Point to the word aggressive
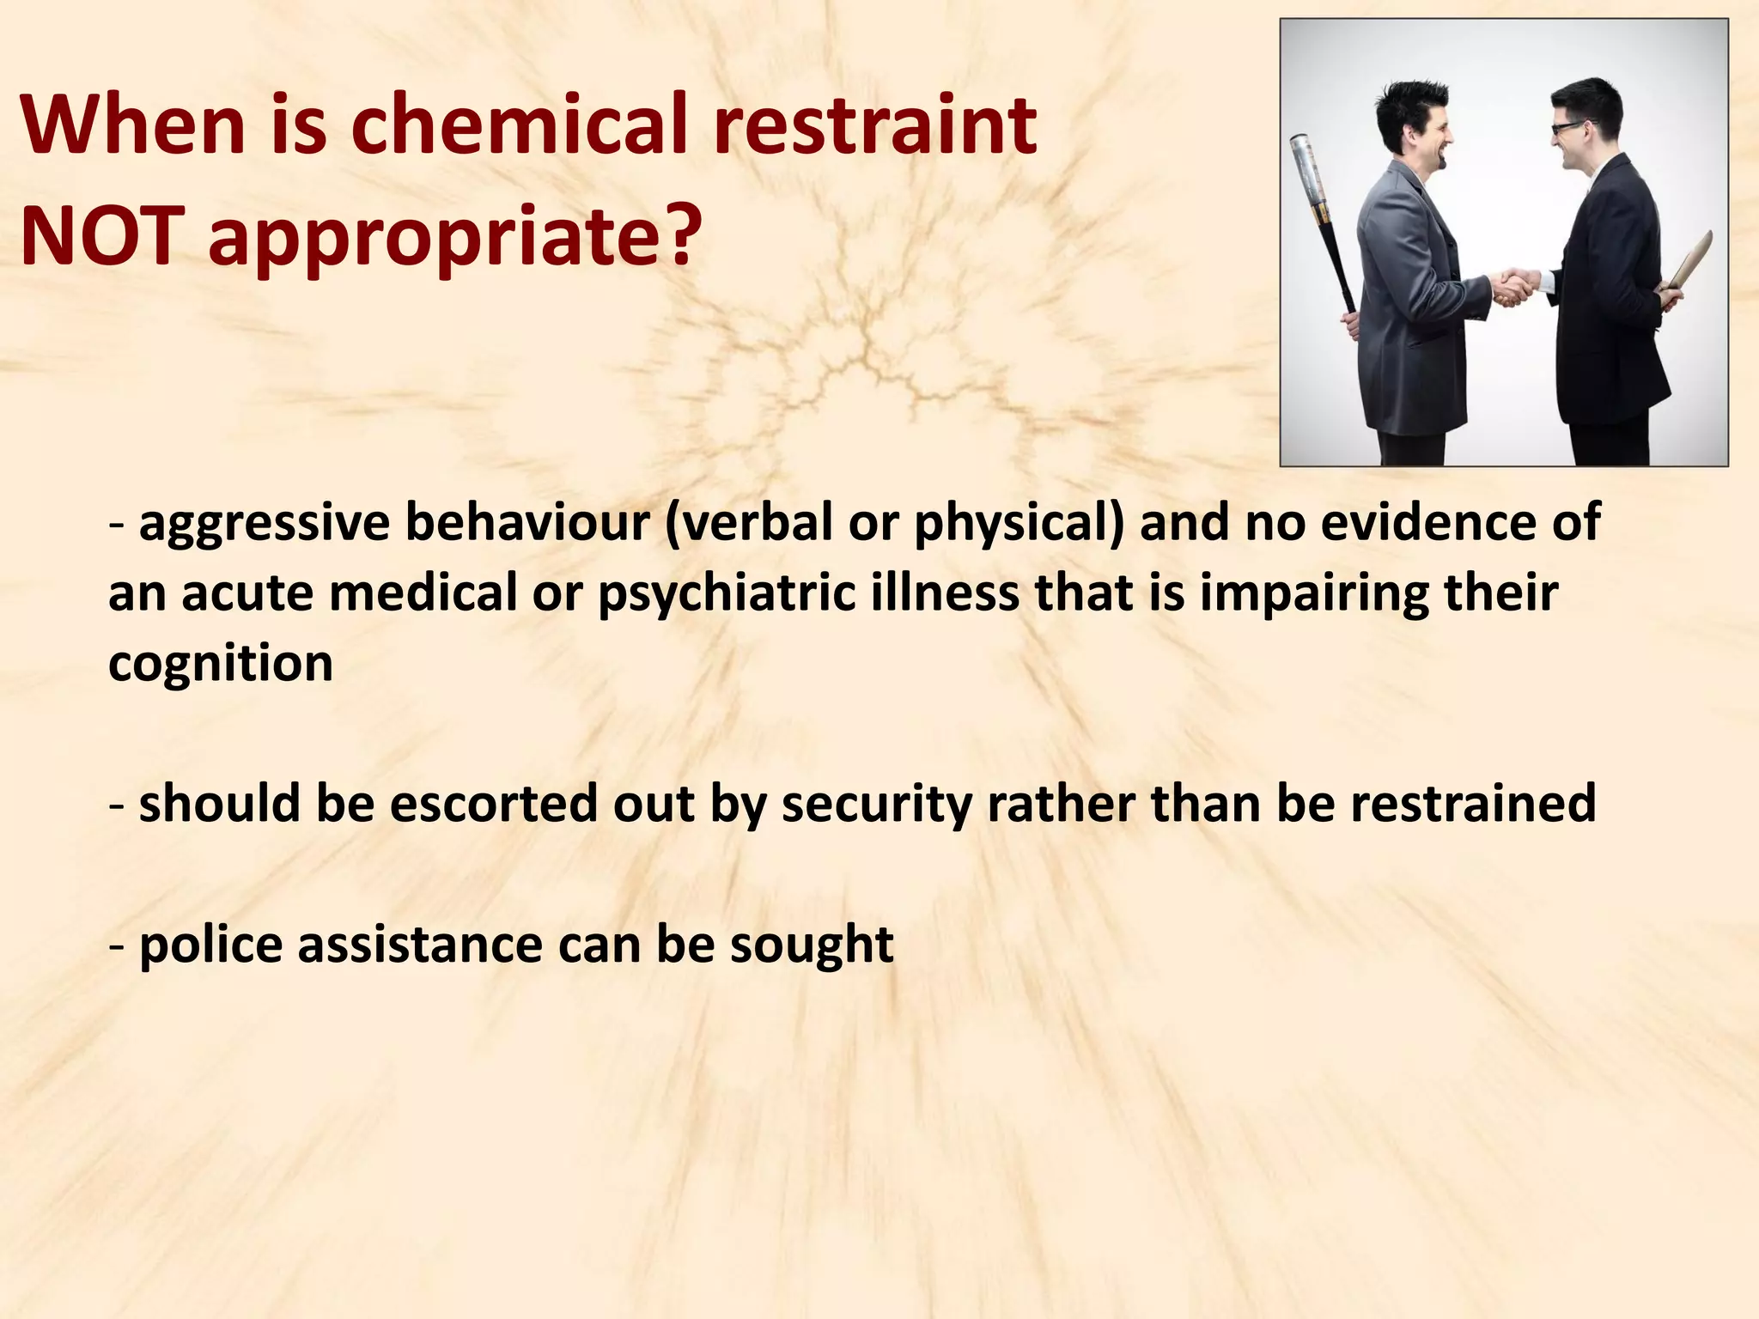click(265, 523)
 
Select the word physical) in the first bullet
click(1019, 523)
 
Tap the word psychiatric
click(727, 593)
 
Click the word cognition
click(221, 664)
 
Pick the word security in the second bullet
click(876, 804)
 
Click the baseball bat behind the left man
click(1323, 215)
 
